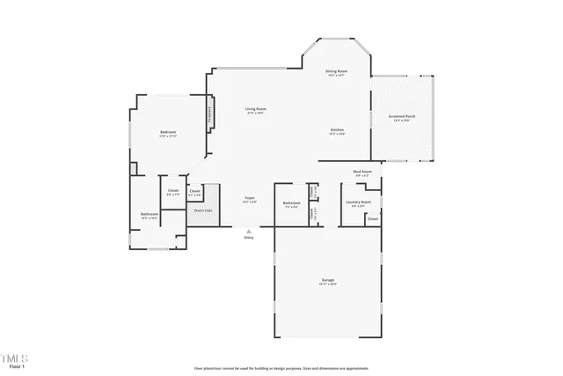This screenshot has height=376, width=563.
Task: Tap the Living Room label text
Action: (x=256, y=109)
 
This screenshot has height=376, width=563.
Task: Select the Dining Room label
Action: (x=336, y=71)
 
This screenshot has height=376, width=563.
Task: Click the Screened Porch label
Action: (x=402, y=116)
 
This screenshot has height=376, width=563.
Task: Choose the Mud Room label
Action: (x=362, y=172)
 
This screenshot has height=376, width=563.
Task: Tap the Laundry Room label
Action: (x=358, y=202)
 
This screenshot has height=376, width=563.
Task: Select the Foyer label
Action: (x=250, y=198)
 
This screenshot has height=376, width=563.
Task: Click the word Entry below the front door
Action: (x=249, y=238)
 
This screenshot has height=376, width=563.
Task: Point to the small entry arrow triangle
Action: (x=249, y=231)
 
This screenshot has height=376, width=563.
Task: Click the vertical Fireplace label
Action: (x=209, y=114)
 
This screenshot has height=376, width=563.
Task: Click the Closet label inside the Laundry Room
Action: (x=373, y=218)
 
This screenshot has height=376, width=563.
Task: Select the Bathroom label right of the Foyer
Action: (x=292, y=203)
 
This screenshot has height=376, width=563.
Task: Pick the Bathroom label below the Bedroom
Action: (x=149, y=214)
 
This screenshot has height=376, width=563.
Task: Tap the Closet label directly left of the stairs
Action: (x=195, y=191)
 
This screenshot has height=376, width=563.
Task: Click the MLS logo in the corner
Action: (x=14, y=358)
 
